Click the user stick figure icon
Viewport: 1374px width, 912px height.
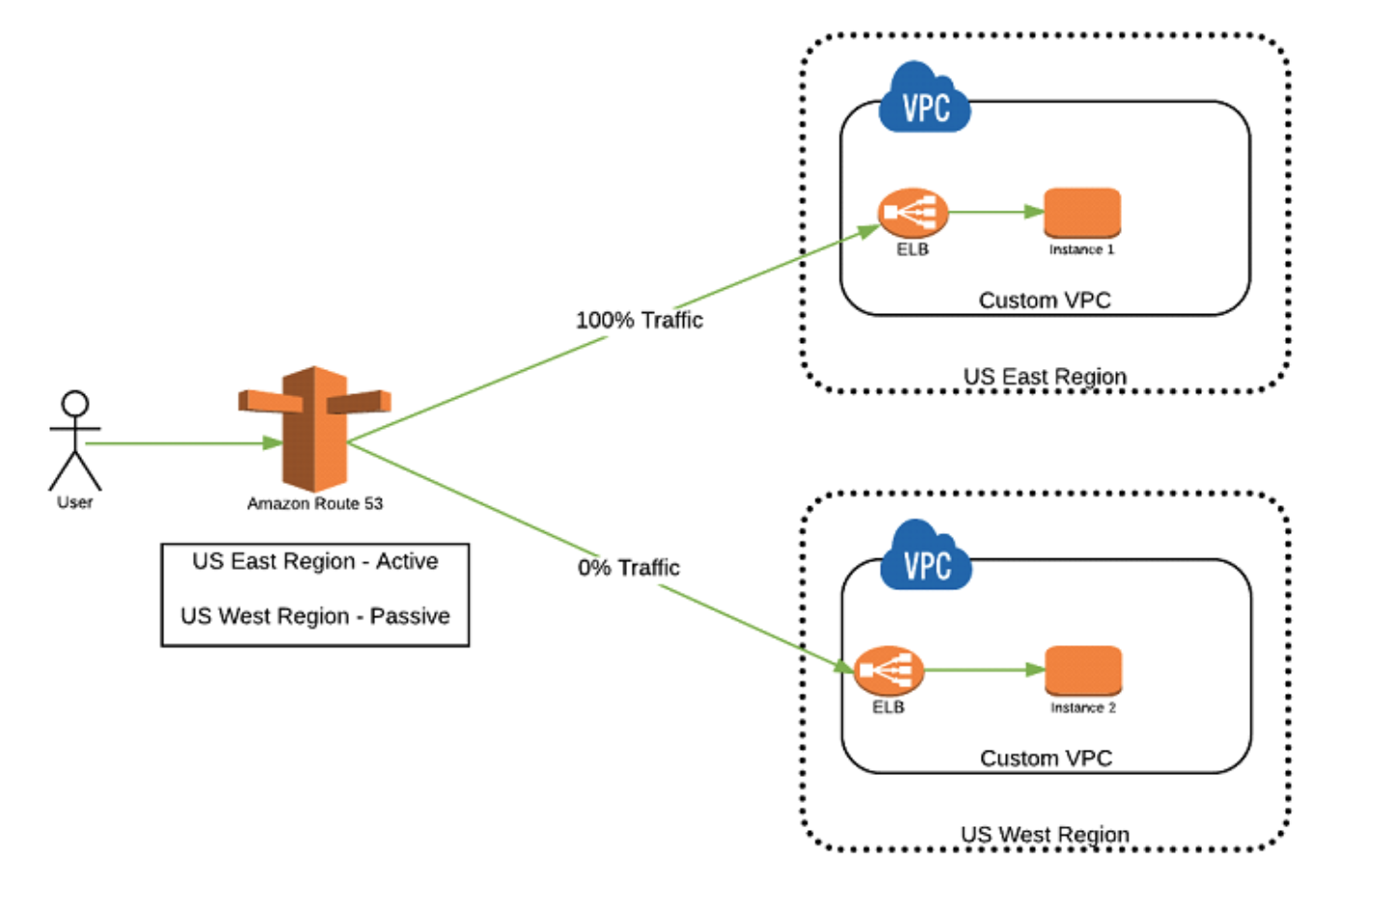75,440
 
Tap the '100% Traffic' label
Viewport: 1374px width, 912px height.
639,320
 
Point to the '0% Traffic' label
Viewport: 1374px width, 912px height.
628,567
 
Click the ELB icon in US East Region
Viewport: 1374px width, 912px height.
912,213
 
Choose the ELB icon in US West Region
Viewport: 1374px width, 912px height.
888,670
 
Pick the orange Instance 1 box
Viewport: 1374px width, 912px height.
1082,213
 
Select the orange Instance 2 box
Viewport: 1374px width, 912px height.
1083,670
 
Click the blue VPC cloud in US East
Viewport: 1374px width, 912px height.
925,100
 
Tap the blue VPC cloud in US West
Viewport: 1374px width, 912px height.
926,558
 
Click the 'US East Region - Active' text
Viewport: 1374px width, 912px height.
315,561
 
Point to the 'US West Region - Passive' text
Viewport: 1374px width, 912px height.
315,616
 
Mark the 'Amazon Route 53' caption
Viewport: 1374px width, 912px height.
315,503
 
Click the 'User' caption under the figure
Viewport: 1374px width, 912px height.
74,502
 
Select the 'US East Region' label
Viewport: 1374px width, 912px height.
1045,377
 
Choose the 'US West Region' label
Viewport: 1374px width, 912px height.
1045,834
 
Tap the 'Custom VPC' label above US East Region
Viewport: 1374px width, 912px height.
1045,300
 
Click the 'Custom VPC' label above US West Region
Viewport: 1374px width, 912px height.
1045,758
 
